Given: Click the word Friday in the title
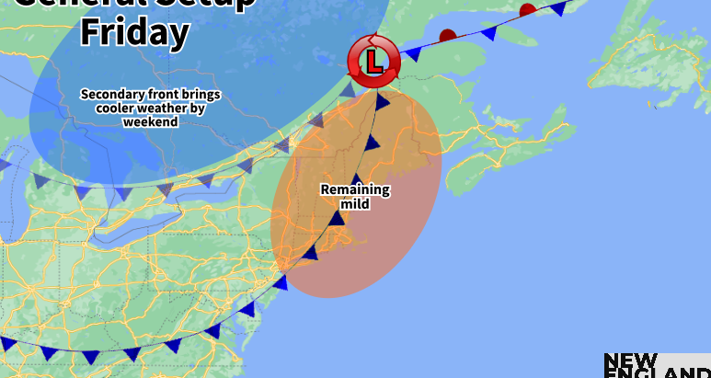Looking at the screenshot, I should [134, 31].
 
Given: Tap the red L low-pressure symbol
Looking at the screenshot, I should [373, 62].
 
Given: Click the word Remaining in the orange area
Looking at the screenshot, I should [355, 190].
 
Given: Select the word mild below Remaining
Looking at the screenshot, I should [355, 203].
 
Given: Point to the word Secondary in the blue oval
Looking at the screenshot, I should [113, 94].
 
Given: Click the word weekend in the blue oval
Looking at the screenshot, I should [150, 121].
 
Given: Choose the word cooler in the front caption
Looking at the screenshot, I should [114, 108].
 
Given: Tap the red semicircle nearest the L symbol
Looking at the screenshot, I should [447, 36].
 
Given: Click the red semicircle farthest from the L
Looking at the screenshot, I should [528, 10].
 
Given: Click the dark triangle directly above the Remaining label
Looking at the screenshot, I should [357, 178].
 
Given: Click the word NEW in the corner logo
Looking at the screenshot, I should [630, 361].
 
